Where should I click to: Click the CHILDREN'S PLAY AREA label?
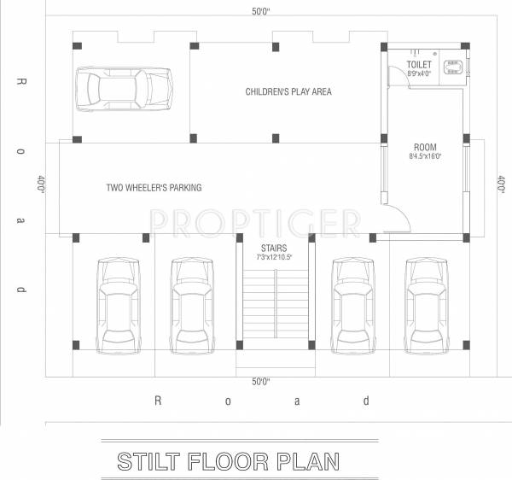[x=288, y=91]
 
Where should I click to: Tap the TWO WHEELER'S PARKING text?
[x=154, y=187]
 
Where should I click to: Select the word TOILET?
[x=419, y=65]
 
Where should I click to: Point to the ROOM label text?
[x=425, y=147]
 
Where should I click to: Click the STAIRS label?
[x=275, y=247]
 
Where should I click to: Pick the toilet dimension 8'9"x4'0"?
[x=419, y=74]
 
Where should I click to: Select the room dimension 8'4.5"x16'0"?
[x=425, y=157]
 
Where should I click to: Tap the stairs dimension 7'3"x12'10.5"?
[x=275, y=256]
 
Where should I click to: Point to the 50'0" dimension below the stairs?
[x=261, y=380]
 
